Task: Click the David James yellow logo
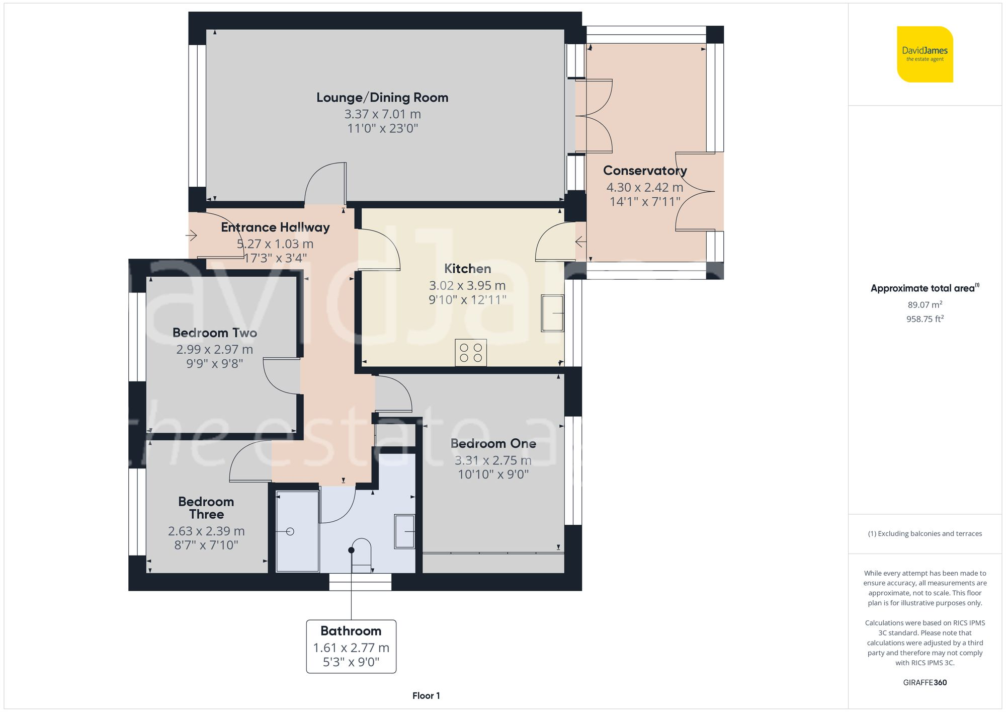[925, 54]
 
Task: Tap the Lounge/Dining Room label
[382, 98]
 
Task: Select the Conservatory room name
[645, 171]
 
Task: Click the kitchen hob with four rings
[471, 352]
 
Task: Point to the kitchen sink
[552, 313]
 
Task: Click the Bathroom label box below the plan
[351, 647]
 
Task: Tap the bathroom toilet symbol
[361, 556]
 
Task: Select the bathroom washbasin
[404, 531]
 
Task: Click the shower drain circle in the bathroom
[290, 531]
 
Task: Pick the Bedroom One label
[493, 444]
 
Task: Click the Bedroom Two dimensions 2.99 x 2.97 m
[214, 349]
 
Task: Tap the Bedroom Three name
[206, 508]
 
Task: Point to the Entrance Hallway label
[275, 227]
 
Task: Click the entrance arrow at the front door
[191, 235]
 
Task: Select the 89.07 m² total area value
[925, 304]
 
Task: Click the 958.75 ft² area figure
[925, 319]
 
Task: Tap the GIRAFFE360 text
[925, 683]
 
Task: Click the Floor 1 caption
[426, 696]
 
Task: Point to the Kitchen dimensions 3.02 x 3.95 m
[467, 286]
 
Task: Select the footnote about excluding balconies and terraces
[925, 534]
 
